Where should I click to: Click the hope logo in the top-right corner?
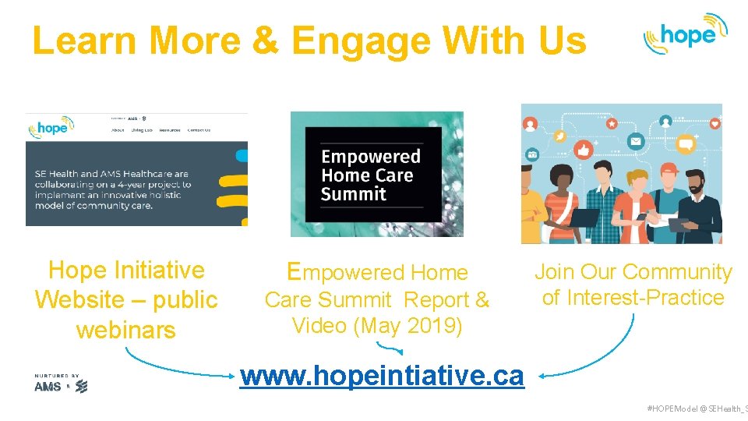684,34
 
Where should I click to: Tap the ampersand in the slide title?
266,40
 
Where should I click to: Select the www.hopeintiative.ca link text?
383,376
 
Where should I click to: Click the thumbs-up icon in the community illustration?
584,149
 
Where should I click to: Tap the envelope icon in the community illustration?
636,142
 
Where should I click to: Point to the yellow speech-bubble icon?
686,144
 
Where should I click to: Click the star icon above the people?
612,123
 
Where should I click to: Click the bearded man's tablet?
679,225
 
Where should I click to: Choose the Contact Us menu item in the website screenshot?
199,130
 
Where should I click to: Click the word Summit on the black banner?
354,193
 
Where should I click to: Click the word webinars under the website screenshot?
125,330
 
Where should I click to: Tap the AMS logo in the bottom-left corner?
48,386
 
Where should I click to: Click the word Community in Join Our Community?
677,272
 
